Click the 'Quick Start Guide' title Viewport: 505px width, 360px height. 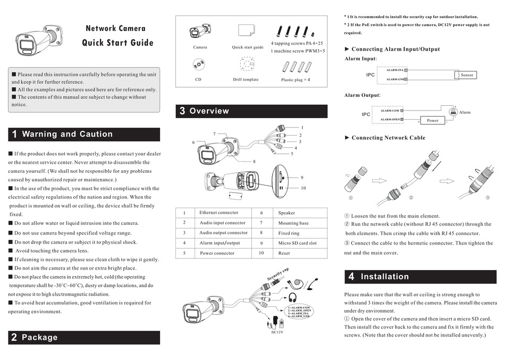pyautogui.click(x=117, y=43)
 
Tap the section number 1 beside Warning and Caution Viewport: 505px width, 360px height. pyautogui.click(x=14, y=135)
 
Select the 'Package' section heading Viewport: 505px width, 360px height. pyautogui.click(x=39, y=337)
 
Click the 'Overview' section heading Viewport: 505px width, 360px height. pyautogui.click(x=209, y=111)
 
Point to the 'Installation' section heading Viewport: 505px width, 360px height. pyautogui.click(x=384, y=277)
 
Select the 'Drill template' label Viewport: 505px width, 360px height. pyautogui.click(x=246, y=80)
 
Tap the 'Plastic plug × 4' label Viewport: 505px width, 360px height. pyautogui.click(x=295, y=80)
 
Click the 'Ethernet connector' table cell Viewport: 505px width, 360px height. pyautogui.click(x=218, y=213)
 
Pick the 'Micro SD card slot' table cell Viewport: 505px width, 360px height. pyautogui.click(x=297, y=243)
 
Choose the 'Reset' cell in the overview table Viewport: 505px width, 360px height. pyautogui.click(x=284, y=253)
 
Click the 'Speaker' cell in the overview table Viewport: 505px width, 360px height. pyautogui.click(x=287, y=213)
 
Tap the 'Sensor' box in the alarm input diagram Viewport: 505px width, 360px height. pyautogui.click(x=466, y=75)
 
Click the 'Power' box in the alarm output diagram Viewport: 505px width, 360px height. pyautogui.click(x=433, y=120)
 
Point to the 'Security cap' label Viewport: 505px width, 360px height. pyautogui.click(x=277, y=275)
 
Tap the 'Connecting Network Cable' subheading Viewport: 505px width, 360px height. pyautogui.click(x=388, y=138)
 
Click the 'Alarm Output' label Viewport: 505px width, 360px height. pyautogui.click(x=362, y=95)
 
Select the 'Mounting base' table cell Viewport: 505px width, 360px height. pyautogui.click(x=293, y=223)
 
